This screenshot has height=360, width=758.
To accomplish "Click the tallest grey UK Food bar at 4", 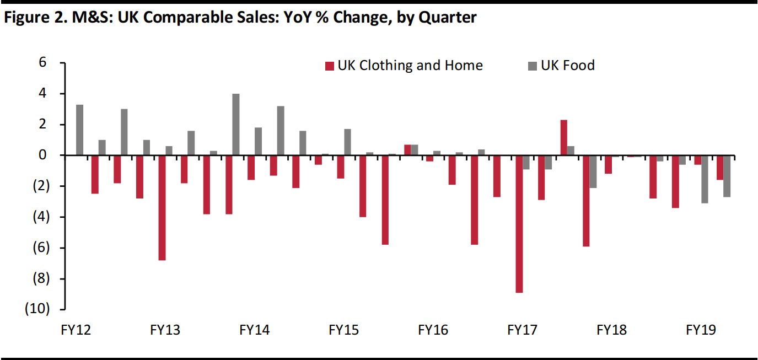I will point(236,124).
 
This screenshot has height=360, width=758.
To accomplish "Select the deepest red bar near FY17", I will point(519,223).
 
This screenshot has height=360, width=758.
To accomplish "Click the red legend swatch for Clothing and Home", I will point(330,66).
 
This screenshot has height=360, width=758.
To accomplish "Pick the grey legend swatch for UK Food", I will point(532,66).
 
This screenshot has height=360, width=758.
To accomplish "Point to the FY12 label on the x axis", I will point(76,330).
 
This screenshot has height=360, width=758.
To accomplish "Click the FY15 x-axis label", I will point(343,330).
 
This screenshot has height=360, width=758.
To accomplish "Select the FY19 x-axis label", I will point(701,330).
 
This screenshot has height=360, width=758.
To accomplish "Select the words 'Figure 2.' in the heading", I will point(31,18).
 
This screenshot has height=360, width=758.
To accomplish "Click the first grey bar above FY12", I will point(80,130).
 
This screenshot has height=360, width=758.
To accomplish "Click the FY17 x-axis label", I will point(522,330).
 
